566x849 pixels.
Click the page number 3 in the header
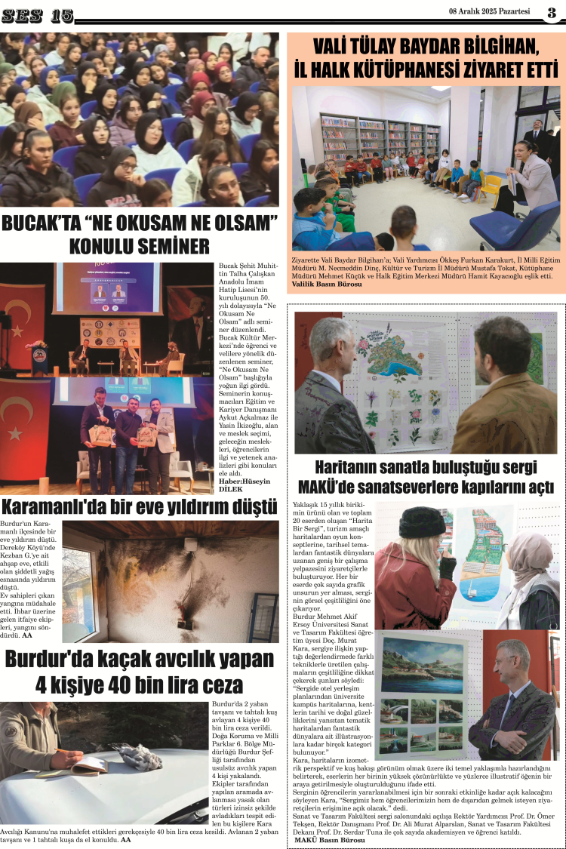point(552,13)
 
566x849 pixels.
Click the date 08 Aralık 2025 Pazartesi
point(489,12)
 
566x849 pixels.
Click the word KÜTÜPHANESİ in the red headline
point(428,69)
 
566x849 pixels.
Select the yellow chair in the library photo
point(490,185)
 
